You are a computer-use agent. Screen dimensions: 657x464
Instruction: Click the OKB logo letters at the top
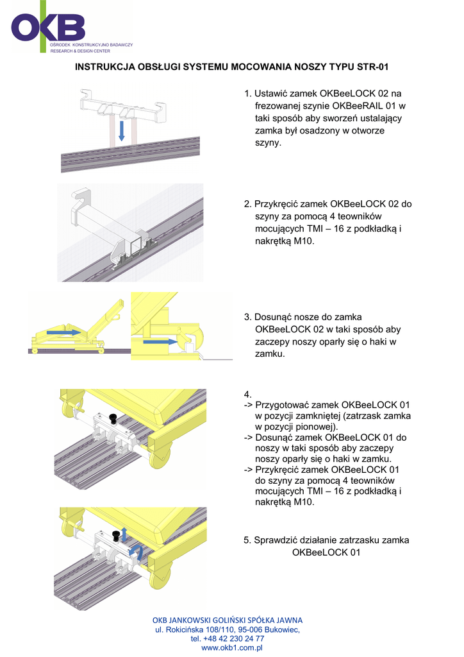click(48, 26)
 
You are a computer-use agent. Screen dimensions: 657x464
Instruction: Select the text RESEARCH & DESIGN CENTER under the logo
click(80, 49)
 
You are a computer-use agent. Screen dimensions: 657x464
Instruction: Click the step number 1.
click(247, 94)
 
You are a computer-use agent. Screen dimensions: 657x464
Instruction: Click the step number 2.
click(247, 204)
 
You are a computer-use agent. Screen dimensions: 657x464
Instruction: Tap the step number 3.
click(247, 317)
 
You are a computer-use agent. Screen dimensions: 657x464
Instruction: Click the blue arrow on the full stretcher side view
click(65, 332)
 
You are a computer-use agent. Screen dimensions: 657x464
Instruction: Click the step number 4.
click(247, 393)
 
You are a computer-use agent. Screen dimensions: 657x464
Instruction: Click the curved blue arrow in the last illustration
click(135, 551)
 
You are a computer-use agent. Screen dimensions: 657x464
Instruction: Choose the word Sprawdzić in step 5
click(276, 540)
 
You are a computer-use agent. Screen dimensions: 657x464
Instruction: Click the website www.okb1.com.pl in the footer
click(233, 648)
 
